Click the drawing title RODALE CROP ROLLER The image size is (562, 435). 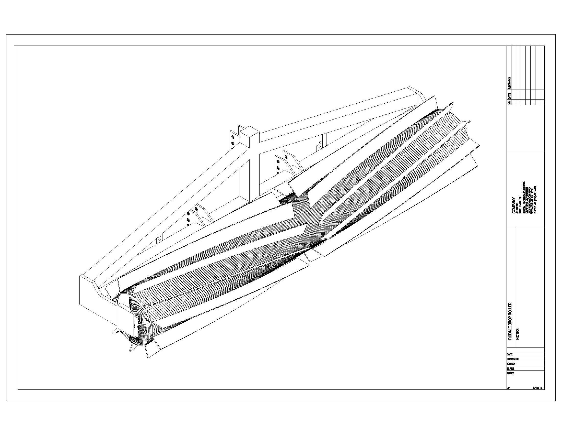coord(510,321)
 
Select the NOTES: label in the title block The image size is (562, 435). coord(518,334)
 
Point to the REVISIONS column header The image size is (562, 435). coord(510,83)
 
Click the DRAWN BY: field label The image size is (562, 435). coord(513,359)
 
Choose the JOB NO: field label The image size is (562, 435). coord(511,364)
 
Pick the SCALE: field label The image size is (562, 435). coord(510,368)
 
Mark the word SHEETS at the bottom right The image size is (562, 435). coord(537,388)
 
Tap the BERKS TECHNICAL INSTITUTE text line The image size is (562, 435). coord(523,197)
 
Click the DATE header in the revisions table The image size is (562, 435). coord(510,95)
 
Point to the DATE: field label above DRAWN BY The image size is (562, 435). coord(510,354)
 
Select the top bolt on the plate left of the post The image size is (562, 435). coord(233,137)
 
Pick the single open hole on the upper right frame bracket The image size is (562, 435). coord(320,142)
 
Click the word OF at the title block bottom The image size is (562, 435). coord(508,388)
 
